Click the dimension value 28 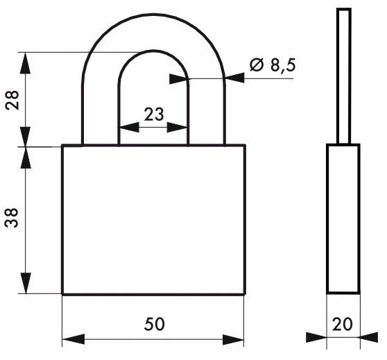coord(12,101)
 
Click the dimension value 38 coord(12,218)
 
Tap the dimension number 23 coord(154,114)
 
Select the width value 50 coord(154,324)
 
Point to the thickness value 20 coord(343,324)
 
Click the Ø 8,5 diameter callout coord(273,65)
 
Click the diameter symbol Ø coord(257,65)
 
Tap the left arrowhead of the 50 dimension coord(74,339)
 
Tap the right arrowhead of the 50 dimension coord(233,339)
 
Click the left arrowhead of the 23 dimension coord(129,127)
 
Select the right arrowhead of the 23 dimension coord(177,127)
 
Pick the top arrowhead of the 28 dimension coord(26,63)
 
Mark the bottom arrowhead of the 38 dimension coord(26,283)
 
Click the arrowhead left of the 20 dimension coord(316,337)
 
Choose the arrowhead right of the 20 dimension coord(369,337)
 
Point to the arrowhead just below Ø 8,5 coord(234,78)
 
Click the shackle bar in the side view coord(344,76)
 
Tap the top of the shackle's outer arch coord(153,15)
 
